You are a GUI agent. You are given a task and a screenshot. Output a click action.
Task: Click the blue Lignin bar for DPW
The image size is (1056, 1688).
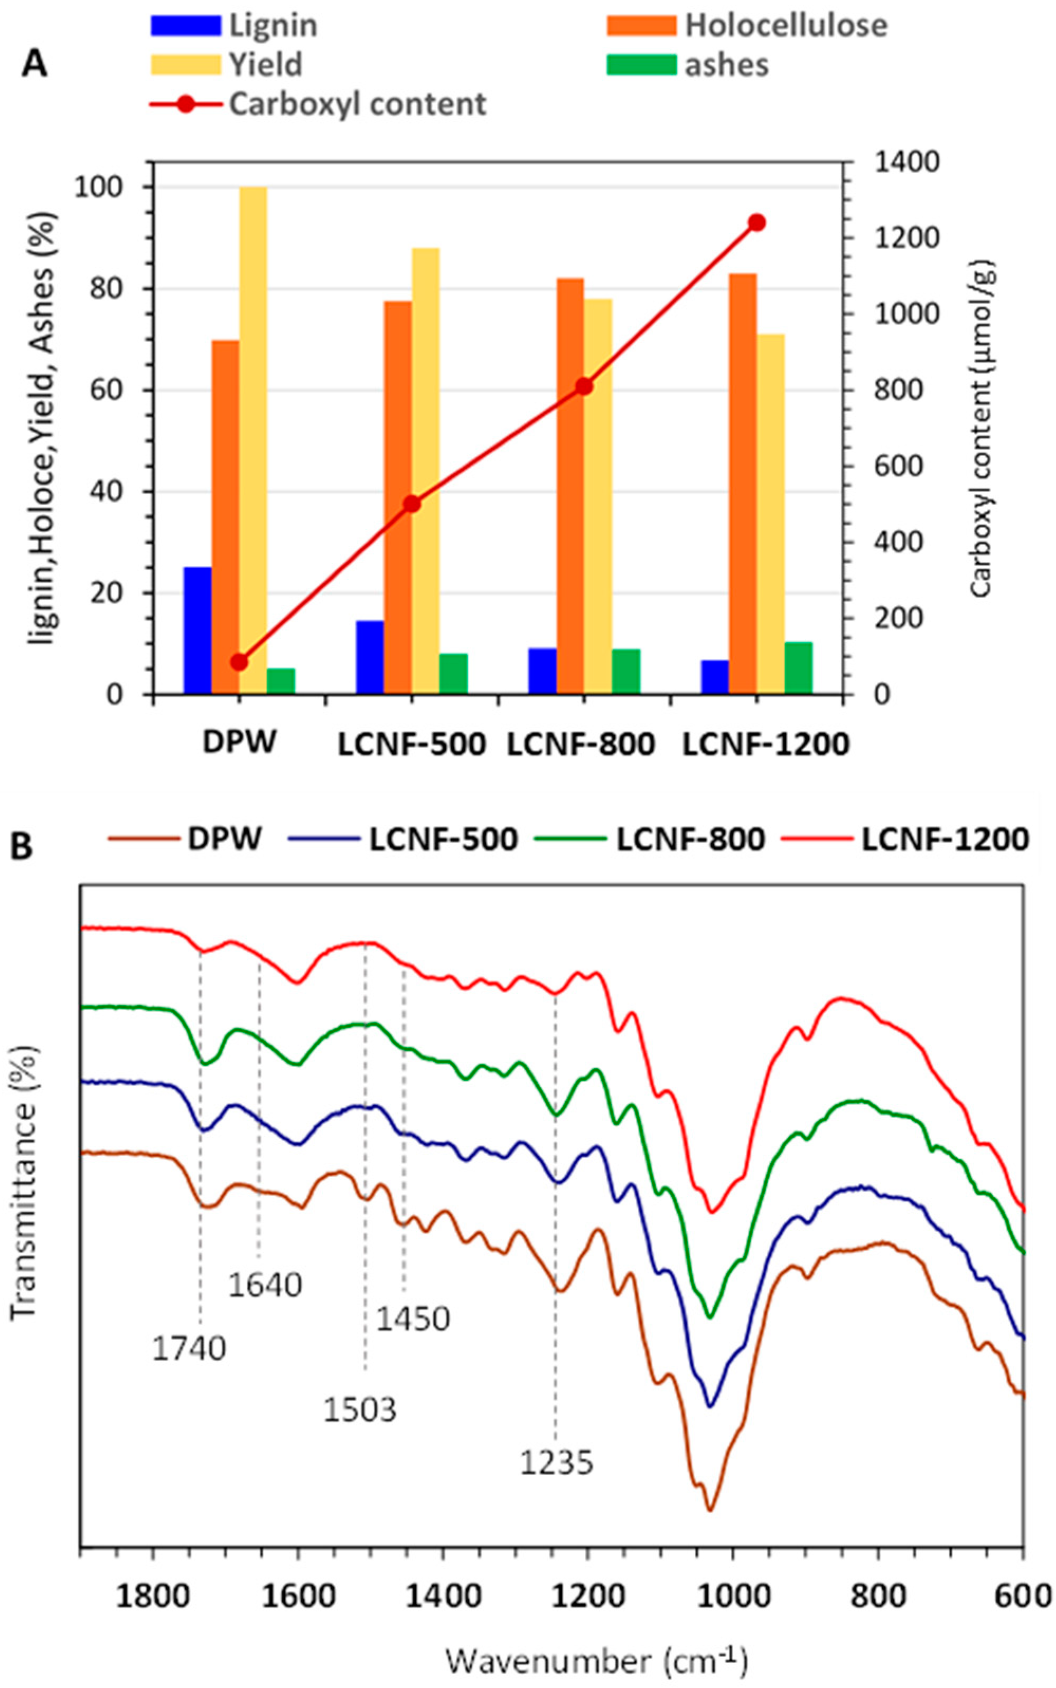[197, 630]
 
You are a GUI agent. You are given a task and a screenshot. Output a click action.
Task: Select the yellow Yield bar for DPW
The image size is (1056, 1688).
[253, 440]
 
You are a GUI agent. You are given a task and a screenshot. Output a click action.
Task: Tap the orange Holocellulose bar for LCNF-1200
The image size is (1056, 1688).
[742, 483]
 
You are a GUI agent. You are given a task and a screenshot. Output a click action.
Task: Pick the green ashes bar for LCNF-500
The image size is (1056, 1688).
[453, 673]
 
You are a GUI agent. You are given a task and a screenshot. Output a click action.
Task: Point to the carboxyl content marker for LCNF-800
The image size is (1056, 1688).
[584, 386]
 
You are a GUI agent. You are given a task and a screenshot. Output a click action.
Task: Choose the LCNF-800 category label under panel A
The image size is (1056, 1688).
[581, 745]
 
